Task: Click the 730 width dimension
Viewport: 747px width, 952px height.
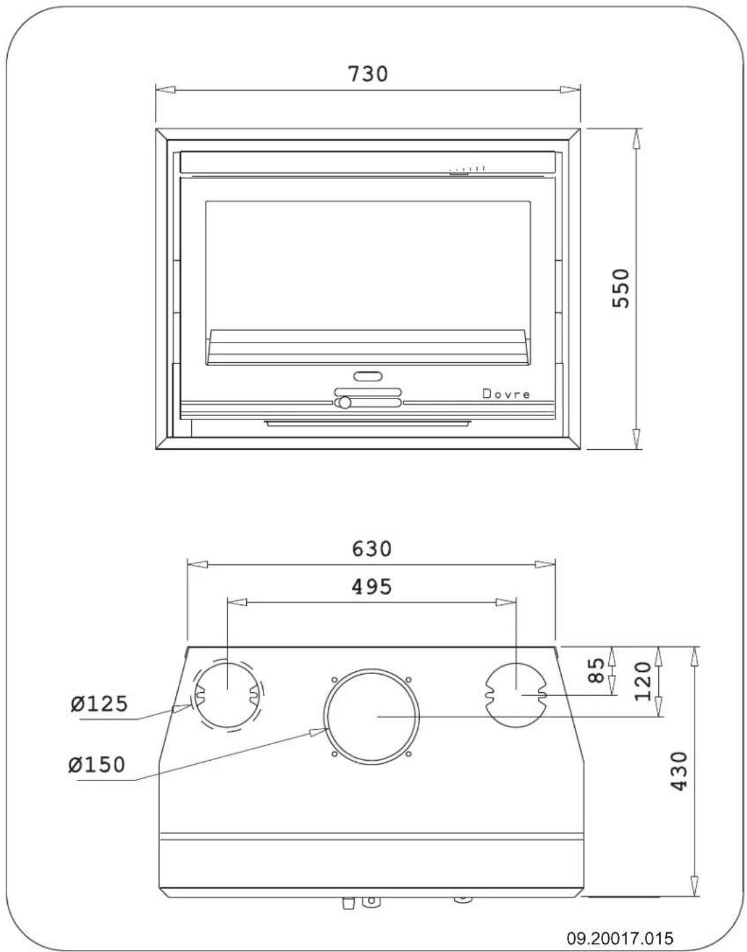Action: click(x=368, y=73)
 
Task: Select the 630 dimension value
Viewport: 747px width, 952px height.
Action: click(x=371, y=548)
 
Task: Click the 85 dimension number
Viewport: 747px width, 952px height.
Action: click(x=596, y=671)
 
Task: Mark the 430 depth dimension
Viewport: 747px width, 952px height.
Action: click(x=677, y=771)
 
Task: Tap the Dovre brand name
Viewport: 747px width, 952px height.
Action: click(x=506, y=394)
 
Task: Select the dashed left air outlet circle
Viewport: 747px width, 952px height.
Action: click(x=227, y=693)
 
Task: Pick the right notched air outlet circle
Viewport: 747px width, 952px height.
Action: click(x=516, y=694)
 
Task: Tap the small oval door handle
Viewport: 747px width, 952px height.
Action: click(x=368, y=377)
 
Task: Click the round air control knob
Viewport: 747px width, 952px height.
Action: click(x=344, y=402)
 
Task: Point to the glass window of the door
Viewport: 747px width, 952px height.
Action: click(x=368, y=263)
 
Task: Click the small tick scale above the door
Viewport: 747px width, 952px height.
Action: click(x=467, y=170)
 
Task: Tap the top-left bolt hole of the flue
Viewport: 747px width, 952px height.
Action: click(x=334, y=679)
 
